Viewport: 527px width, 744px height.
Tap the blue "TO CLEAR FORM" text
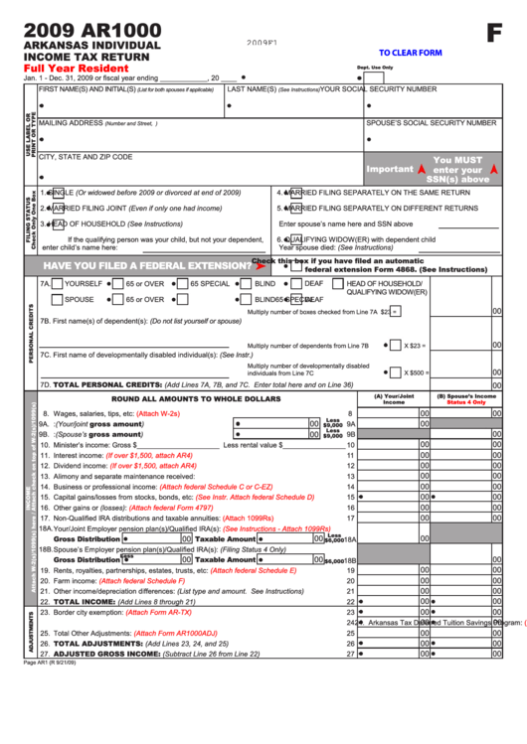click(x=410, y=53)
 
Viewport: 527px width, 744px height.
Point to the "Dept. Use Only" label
click(x=375, y=68)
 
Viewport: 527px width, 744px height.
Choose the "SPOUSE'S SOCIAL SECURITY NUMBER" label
click(x=431, y=123)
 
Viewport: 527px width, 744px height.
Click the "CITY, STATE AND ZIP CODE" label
click(x=85, y=157)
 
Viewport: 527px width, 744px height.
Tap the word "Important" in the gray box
click(x=389, y=169)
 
